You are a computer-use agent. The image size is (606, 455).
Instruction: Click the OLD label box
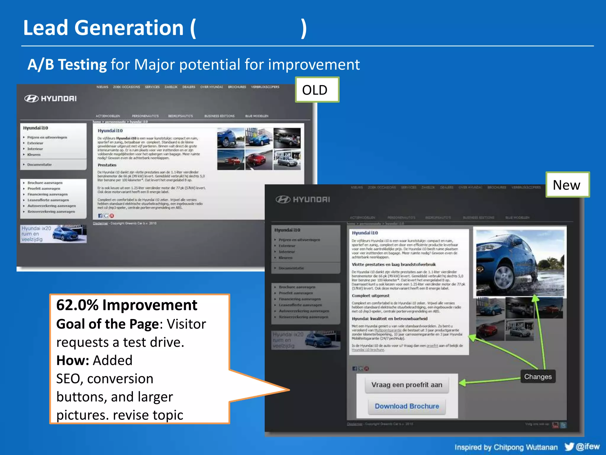tap(317, 90)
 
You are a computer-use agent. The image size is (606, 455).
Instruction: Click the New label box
tap(567, 185)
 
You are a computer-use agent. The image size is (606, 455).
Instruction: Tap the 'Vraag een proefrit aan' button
tap(407, 385)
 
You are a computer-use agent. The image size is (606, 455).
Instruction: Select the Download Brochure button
tap(407, 406)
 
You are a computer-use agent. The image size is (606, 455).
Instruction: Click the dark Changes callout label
tap(538, 377)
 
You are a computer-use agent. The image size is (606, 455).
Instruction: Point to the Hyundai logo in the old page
tap(50, 99)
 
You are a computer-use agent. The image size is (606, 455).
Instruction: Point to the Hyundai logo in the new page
tap(302, 200)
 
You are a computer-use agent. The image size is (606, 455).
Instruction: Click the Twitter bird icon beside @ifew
tap(569, 446)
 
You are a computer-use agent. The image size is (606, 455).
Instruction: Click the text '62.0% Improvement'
tap(127, 305)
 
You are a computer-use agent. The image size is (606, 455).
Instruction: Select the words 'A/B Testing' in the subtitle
tap(67, 65)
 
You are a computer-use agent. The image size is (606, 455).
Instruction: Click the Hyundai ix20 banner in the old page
tap(53, 234)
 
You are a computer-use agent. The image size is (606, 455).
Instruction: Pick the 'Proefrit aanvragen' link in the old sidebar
tap(44, 189)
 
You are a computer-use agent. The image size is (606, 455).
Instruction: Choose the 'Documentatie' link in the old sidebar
tap(39, 165)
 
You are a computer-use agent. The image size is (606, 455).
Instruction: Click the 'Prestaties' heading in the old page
tap(107, 165)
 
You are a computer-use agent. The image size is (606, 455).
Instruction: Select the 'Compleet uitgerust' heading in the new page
tap(370, 296)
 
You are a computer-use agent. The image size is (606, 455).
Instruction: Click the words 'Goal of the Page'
tap(108, 324)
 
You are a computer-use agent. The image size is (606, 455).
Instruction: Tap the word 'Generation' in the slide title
tap(129, 28)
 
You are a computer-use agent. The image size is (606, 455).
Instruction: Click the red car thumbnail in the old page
tap(259, 160)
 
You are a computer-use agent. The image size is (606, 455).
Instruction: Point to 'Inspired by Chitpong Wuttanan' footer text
tap(506, 447)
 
